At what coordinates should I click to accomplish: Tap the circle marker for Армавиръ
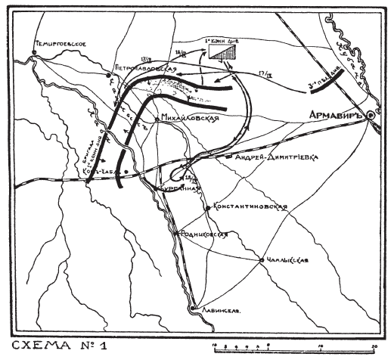[369, 116]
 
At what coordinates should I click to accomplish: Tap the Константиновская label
[249, 206]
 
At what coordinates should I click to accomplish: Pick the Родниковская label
[204, 235]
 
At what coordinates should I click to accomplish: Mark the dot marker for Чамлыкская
[262, 261]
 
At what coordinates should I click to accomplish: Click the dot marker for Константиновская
[209, 206]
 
